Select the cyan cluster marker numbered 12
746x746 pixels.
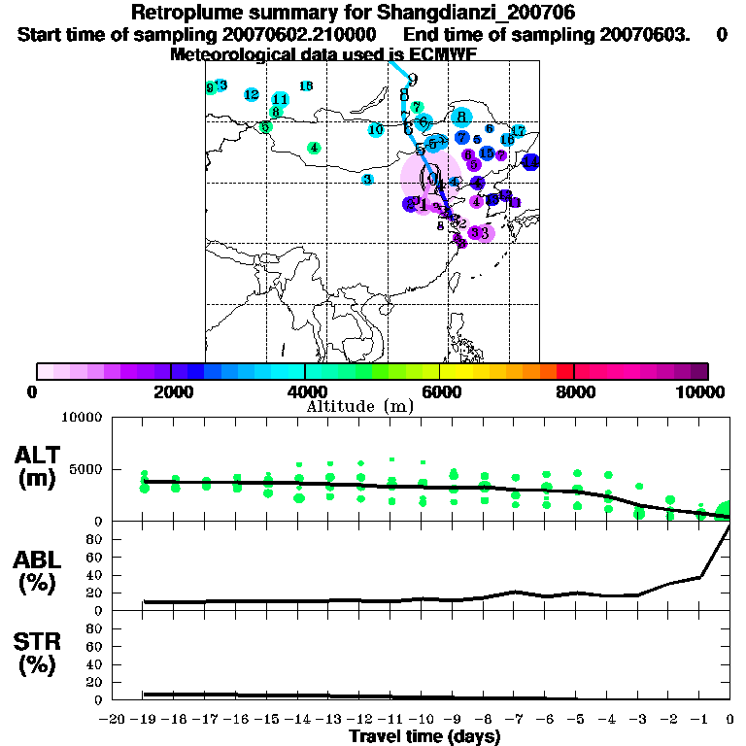tap(252, 95)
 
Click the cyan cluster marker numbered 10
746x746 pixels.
tap(376, 129)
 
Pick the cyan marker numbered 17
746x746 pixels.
tap(518, 131)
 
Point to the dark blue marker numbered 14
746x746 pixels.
tap(530, 162)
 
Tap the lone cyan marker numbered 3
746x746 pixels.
tap(367, 180)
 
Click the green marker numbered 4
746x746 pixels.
tap(314, 149)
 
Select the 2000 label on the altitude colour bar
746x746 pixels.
tap(171, 391)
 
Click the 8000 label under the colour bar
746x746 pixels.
tap(575, 391)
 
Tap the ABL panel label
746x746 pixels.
tap(38, 570)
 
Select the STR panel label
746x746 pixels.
tap(38, 654)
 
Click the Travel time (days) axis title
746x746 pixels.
tap(424, 737)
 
